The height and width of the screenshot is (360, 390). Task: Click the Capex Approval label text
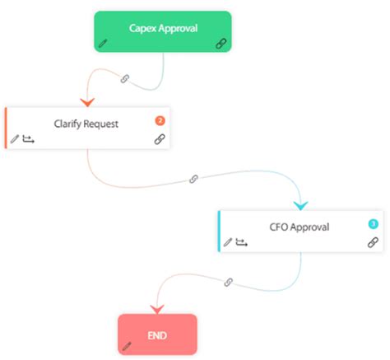[x=162, y=28]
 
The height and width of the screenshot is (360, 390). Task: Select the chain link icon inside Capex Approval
[x=221, y=44]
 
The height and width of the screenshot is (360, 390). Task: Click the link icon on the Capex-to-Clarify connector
[x=125, y=79]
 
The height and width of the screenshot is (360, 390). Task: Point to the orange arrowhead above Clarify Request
[x=86, y=101]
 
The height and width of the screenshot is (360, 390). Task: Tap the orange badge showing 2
[x=160, y=120]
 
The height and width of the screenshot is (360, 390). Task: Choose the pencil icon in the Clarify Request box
[x=15, y=139]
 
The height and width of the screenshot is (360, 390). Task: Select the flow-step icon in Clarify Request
[x=29, y=139]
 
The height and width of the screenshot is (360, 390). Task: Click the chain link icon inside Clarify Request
[x=160, y=140]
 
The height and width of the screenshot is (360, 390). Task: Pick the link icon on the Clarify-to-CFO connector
[x=194, y=179]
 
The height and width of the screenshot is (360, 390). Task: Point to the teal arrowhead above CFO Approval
[x=299, y=204]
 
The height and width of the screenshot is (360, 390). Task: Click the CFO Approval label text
[x=300, y=227]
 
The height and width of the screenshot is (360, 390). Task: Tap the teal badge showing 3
[x=373, y=223]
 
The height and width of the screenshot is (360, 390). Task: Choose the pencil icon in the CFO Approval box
[x=228, y=242]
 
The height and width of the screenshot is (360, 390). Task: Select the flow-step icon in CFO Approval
[x=242, y=242]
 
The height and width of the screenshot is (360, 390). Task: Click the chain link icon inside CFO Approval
[x=373, y=242]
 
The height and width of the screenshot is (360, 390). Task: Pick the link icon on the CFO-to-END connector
[x=229, y=282]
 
